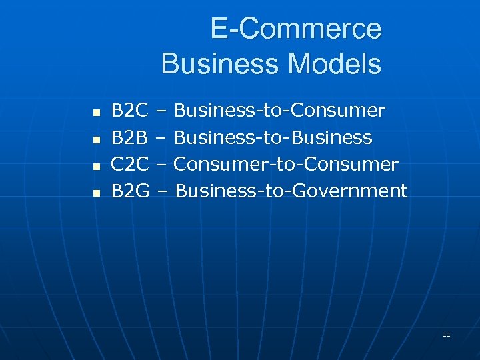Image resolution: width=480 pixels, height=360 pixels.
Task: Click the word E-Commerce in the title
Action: point(296,29)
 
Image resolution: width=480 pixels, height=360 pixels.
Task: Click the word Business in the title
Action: point(211,64)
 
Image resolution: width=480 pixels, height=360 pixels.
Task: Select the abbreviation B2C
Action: point(129,110)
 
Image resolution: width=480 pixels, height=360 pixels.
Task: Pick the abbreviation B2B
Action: point(129,137)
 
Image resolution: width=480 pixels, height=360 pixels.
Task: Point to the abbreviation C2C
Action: point(129,164)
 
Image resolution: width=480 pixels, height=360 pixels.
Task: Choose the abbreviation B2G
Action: point(129,191)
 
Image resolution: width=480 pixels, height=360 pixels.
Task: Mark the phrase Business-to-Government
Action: point(291,191)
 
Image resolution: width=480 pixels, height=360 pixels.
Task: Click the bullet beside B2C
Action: point(95,112)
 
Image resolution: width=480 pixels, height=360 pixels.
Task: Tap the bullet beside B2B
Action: point(95,139)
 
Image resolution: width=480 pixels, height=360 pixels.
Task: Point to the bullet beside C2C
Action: point(95,166)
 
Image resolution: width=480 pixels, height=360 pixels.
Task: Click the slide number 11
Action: point(446,334)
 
